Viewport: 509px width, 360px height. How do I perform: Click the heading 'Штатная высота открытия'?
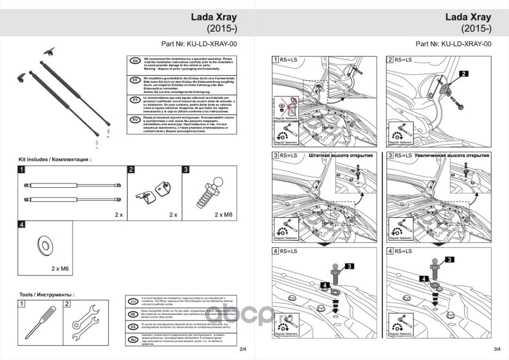pyautogui.click(x=341, y=155)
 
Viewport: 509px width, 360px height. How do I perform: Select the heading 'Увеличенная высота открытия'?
pyautogui.click(x=453, y=155)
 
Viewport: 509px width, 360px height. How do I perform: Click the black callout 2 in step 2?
pyautogui.click(x=464, y=73)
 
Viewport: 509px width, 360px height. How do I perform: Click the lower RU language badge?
pyautogui.click(x=134, y=339)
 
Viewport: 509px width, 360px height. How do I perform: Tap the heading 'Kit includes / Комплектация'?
pyautogui.click(x=55, y=159)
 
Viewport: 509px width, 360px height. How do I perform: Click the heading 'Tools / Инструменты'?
pyautogui.click(x=47, y=294)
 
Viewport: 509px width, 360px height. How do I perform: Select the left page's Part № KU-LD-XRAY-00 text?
pyautogui.click(x=199, y=44)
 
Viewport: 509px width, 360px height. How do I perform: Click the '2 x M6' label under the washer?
pyautogui.click(x=59, y=268)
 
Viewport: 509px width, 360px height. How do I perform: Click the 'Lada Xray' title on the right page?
pyautogui.click(x=468, y=17)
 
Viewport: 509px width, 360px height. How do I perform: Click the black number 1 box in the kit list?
pyautogui.click(x=21, y=170)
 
